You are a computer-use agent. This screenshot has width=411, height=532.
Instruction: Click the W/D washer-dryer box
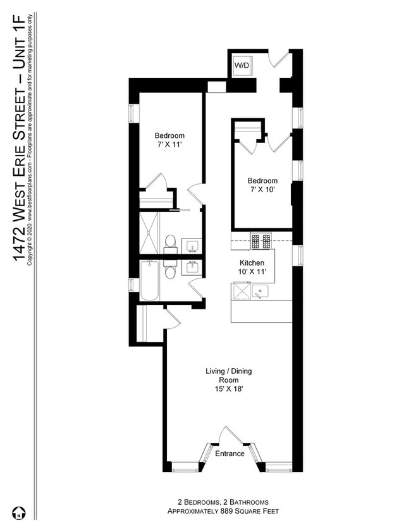(x=242, y=65)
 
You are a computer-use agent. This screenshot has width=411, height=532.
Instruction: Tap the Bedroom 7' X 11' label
(x=169, y=140)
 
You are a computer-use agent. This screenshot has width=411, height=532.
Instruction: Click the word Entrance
(x=230, y=454)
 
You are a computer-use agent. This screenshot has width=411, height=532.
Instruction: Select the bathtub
(x=150, y=281)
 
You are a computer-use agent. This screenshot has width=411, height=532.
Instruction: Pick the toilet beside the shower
(x=170, y=241)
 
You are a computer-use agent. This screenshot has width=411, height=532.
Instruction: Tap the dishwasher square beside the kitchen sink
(x=241, y=292)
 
